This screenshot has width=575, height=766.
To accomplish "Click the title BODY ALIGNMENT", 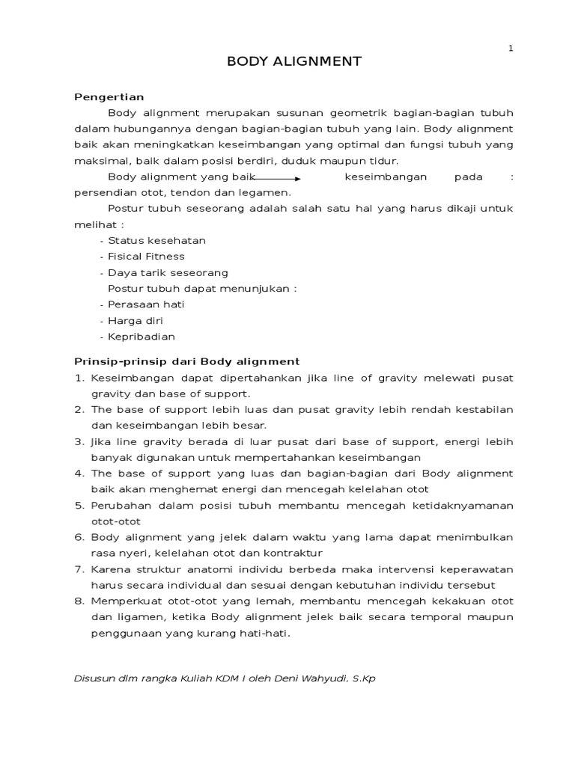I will click(294, 61).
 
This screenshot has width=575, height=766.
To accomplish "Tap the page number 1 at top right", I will click(511, 49).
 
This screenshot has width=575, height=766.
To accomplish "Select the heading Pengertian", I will click(109, 96).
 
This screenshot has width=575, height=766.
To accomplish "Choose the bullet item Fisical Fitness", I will click(146, 257).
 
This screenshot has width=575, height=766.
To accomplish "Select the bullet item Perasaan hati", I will click(146, 304).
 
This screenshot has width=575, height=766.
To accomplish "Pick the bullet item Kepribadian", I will click(141, 337).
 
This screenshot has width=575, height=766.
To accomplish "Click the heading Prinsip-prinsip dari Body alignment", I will click(186, 361).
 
